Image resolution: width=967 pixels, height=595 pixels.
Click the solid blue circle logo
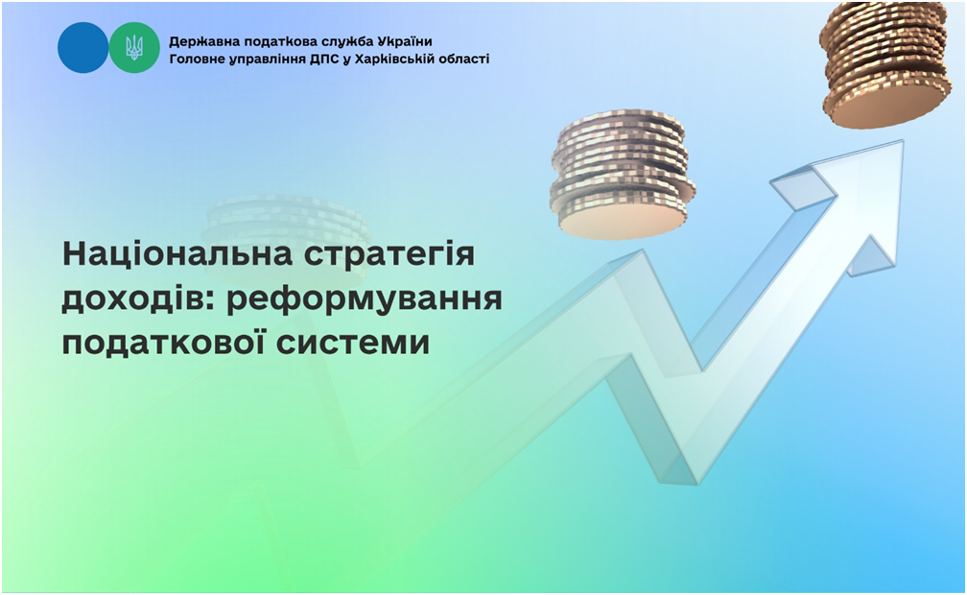(x=83, y=48)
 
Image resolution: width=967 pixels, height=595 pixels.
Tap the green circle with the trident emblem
(x=134, y=48)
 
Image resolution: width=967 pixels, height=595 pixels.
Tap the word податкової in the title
(x=163, y=343)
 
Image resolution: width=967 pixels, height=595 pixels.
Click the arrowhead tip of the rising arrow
(x=903, y=141)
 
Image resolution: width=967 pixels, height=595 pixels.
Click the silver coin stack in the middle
(x=623, y=176)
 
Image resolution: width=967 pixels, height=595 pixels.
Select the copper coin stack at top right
(x=884, y=65)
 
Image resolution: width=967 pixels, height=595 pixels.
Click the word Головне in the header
(x=196, y=59)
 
